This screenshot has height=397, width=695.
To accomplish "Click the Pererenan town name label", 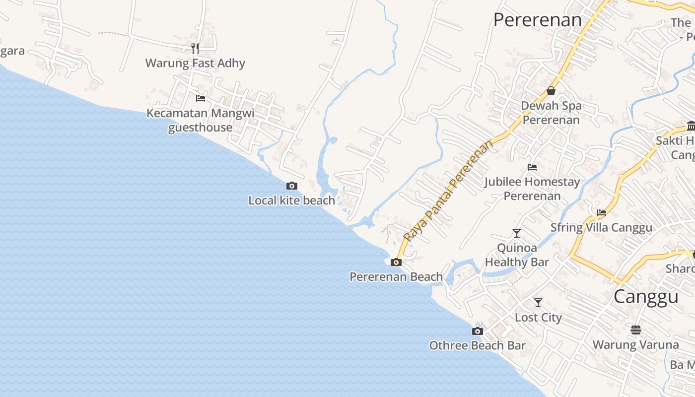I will [538, 20].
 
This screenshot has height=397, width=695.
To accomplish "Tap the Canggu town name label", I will [646, 296].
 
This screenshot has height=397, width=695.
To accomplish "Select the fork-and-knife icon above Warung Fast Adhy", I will [195, 49].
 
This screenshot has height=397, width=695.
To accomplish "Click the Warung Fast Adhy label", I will [195, 63].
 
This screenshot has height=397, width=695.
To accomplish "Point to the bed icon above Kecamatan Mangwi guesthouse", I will [201, 98].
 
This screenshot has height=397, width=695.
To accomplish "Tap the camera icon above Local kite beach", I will [292, 186].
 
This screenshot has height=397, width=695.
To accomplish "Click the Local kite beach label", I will [292, 200].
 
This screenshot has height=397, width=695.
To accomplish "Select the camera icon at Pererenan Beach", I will [396, 262].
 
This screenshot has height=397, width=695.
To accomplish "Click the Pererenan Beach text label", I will [396, 276].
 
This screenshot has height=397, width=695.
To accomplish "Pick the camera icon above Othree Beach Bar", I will [478, 331].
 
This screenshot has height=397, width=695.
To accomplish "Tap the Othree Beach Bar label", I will [478, 345].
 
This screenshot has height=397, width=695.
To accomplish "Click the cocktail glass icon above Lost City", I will [538, 303].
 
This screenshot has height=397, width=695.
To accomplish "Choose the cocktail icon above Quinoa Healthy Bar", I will [517, 233].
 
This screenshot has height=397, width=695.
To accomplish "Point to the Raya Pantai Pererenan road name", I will [449, 191].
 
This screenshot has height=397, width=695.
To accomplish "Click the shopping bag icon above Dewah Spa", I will [551, 91].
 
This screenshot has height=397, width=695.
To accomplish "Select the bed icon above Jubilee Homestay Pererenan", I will [532, 167].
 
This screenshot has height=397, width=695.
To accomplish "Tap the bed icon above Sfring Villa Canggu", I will [602, 213].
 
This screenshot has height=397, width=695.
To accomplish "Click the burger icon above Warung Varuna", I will [636, 330].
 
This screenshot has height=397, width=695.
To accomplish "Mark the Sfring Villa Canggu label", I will [601, 228].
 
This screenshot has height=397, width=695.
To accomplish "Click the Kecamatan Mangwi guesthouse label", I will [201, 120].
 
